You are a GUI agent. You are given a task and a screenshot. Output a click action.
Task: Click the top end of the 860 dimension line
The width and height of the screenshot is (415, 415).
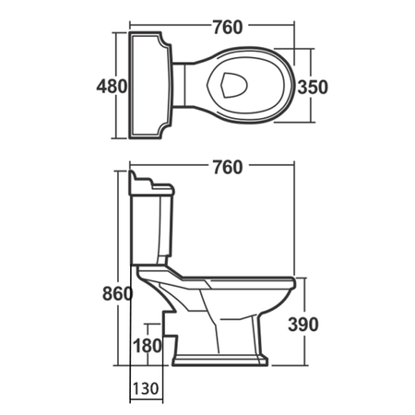[x=123, y=171]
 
